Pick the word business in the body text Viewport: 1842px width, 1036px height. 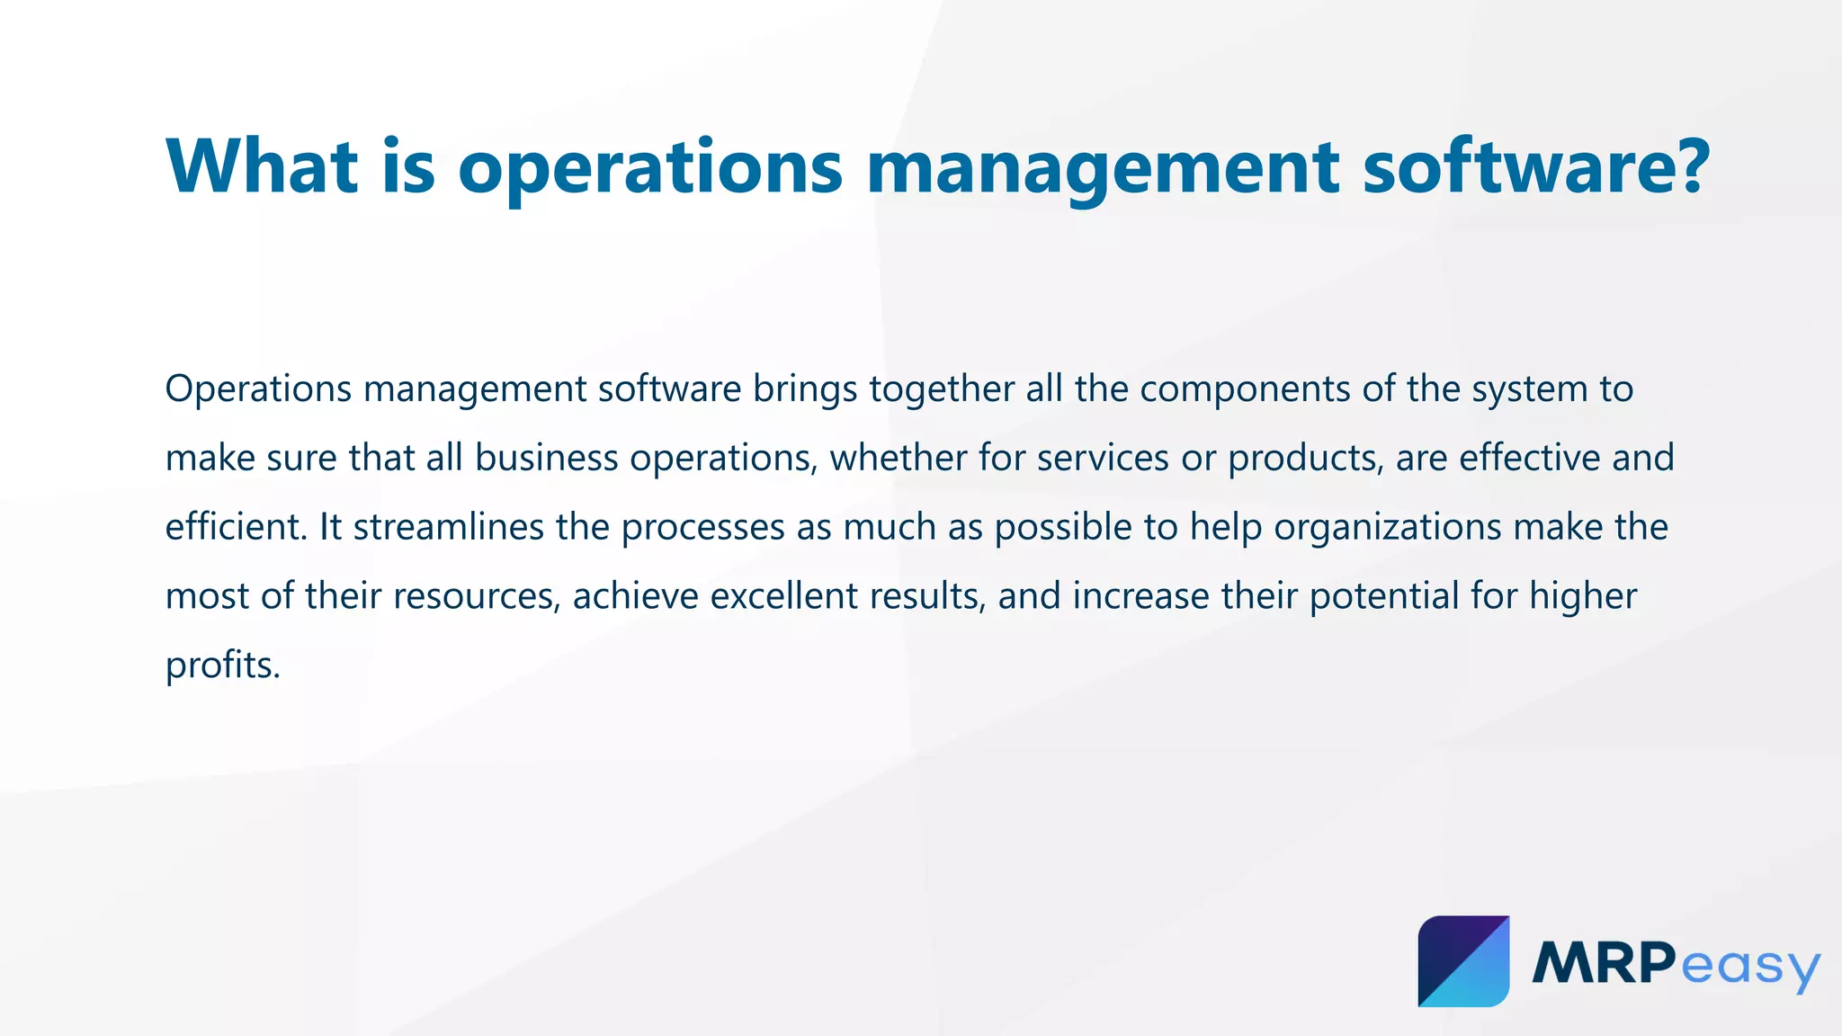(547, 458)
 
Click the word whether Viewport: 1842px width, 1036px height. (899, 458)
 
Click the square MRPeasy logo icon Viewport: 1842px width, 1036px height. (1463, 961)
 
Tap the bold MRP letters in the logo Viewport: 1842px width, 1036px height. (1604, 963)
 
